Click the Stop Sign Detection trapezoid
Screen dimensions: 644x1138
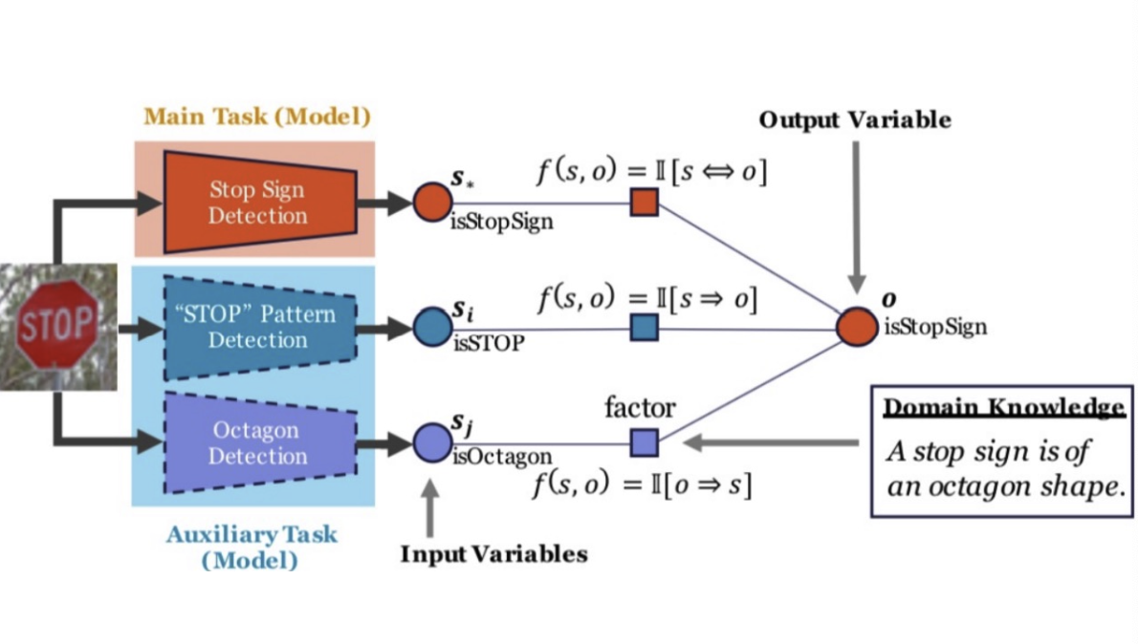[257, 202]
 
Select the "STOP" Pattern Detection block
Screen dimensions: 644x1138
[257, 327]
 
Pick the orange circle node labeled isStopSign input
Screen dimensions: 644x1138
[430, 202]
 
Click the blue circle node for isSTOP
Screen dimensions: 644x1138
[431, 328]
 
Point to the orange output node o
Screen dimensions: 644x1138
[854, 328]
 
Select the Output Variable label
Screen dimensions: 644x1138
[855, 120]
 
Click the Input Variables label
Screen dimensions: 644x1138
[493, 554]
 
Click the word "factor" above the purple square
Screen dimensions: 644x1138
[641, 409]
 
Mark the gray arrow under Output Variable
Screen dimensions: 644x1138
[855, 210]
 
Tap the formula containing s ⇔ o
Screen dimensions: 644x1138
[653, 175]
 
